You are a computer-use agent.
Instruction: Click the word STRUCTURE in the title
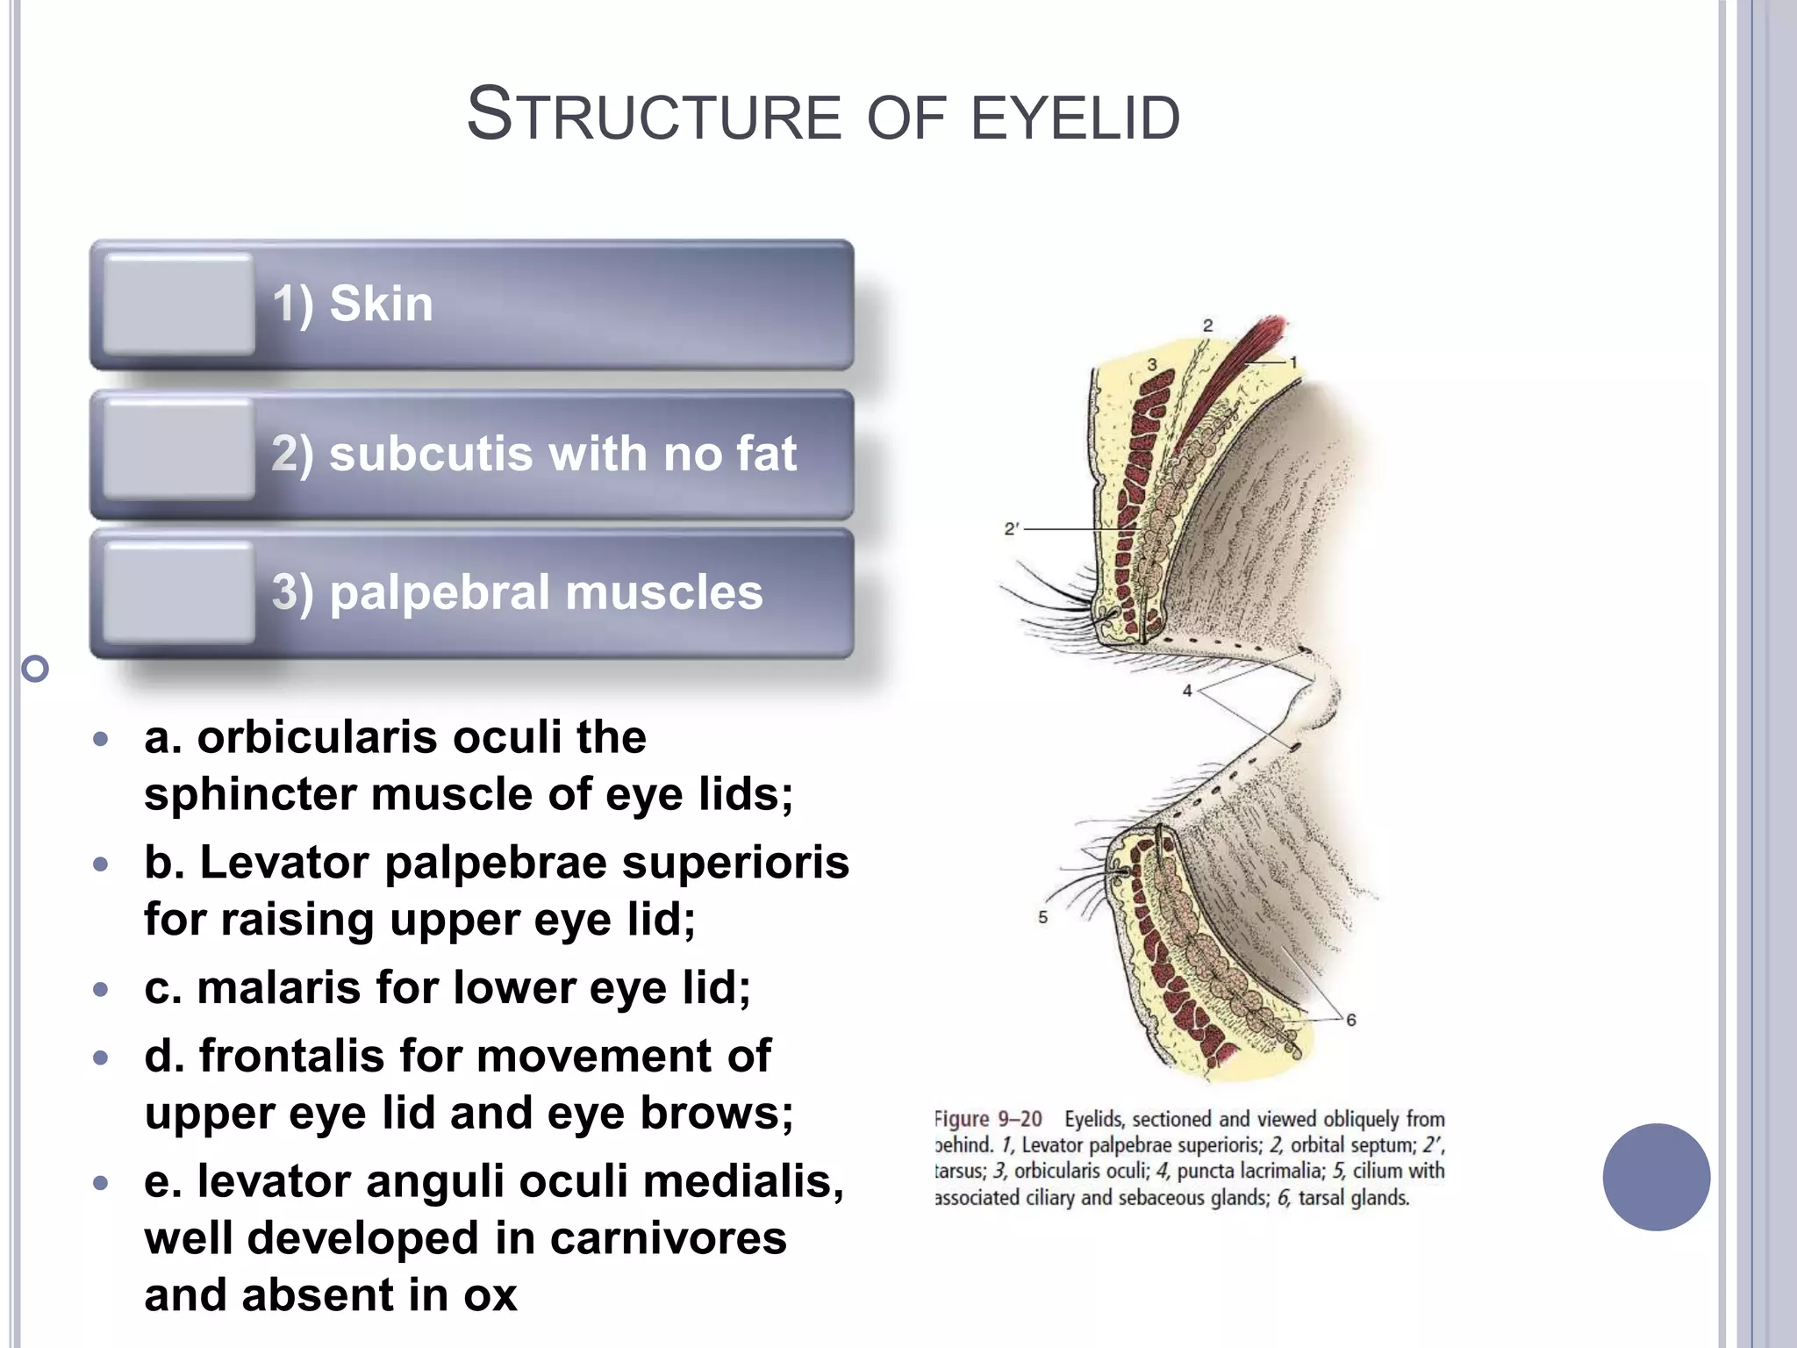click(654, 116)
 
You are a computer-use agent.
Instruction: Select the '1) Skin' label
click(353, 305)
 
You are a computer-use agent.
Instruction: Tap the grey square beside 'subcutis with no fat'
click(178, 451)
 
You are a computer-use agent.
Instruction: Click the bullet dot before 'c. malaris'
click(101, 990)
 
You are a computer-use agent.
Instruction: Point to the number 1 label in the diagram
click(1292, 362)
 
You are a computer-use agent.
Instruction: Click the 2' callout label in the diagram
click(1011, 529)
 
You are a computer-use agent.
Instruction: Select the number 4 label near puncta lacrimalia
click(1187, 691)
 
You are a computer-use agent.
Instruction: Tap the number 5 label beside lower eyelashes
click(1042, 917)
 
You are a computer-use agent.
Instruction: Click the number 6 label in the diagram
click(1350, 1020)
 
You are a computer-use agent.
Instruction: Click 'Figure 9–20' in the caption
click(989, 1119)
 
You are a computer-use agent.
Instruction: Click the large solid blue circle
click(1656, 1177)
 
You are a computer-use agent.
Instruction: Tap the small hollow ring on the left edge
click(35, 670)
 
